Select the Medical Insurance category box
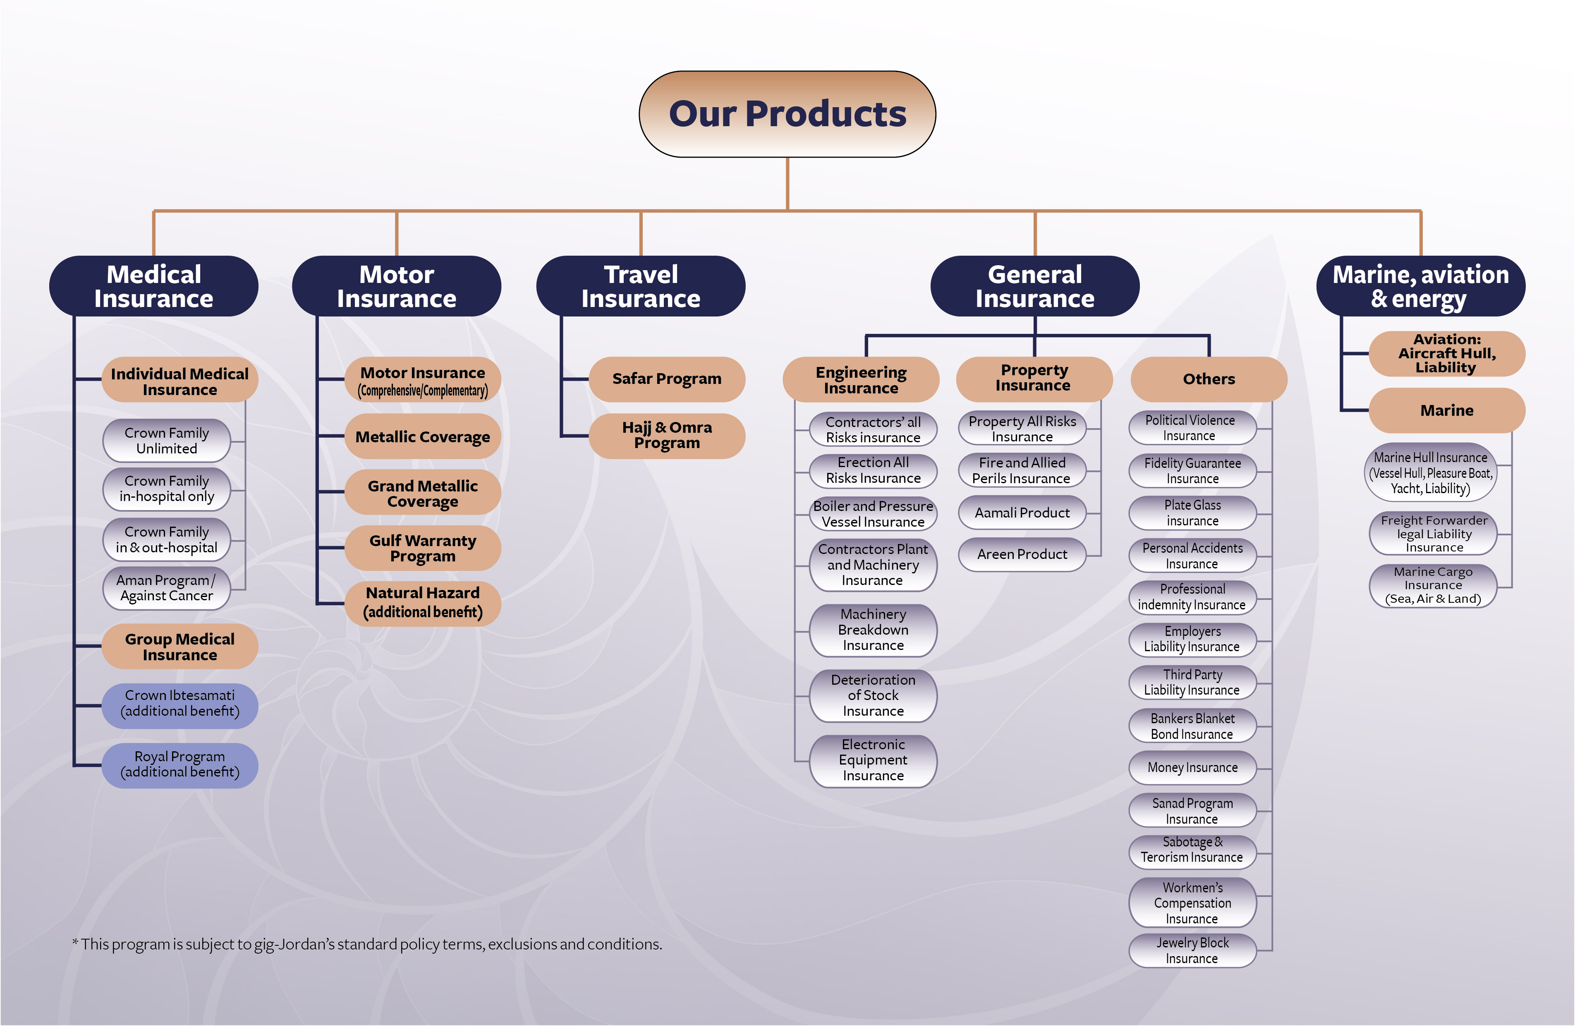153,286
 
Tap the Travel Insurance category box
641,286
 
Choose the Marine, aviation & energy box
1420,286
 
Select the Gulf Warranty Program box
422,548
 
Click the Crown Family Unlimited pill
167,440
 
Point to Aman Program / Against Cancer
167,588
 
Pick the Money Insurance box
1192,767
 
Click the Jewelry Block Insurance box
1192,951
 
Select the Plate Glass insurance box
1192,513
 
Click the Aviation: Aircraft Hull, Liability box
1447,353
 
